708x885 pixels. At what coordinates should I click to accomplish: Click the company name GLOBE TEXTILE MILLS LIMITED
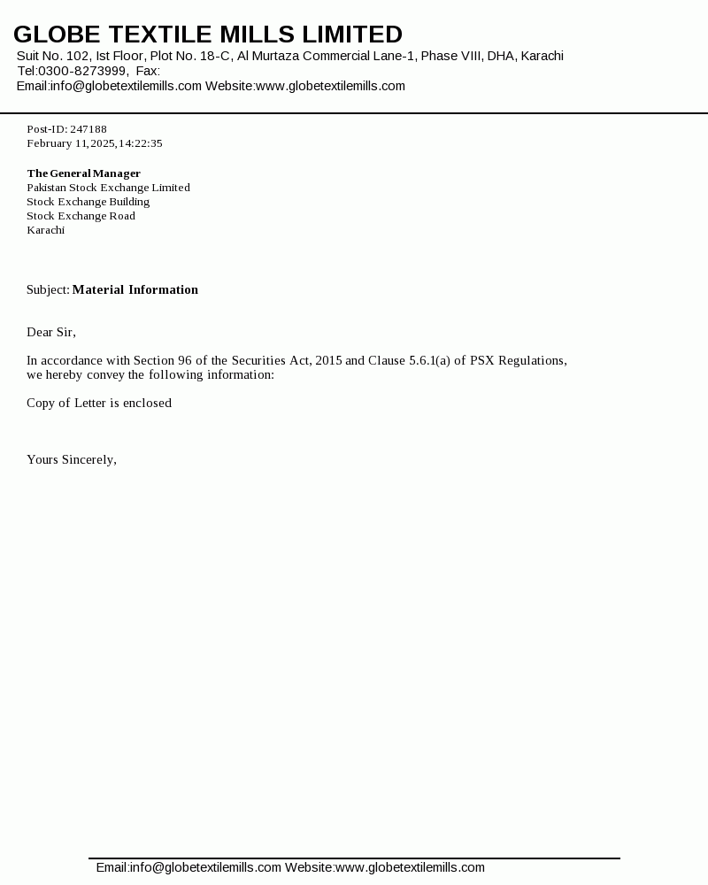coord(208,35)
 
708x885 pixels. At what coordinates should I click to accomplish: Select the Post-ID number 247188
coord(88,129)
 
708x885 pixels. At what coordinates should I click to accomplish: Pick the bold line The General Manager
coord(83,173)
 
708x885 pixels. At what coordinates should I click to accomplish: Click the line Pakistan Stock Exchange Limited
coord(108,188)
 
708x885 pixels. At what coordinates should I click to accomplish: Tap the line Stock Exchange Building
coord(88,202)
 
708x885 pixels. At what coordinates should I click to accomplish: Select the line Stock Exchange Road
coord(81,216)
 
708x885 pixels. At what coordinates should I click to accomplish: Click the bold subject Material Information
coord(135,289)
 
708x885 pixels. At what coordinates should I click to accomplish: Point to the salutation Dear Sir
coord(50,332)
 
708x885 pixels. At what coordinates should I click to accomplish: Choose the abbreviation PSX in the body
coord(482,360)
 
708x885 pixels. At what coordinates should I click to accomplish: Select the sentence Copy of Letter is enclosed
coord(99,403)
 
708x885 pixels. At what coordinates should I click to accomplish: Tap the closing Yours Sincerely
coord(71,459)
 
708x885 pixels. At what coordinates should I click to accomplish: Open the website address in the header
coord(330,86)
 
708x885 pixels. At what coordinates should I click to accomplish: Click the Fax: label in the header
coord(148,71)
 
